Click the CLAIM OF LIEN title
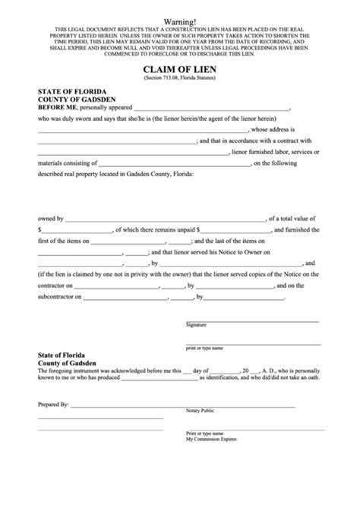[x=179, y=69]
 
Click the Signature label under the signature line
[x=196, y=303]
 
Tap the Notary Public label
[x=200, y=411]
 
